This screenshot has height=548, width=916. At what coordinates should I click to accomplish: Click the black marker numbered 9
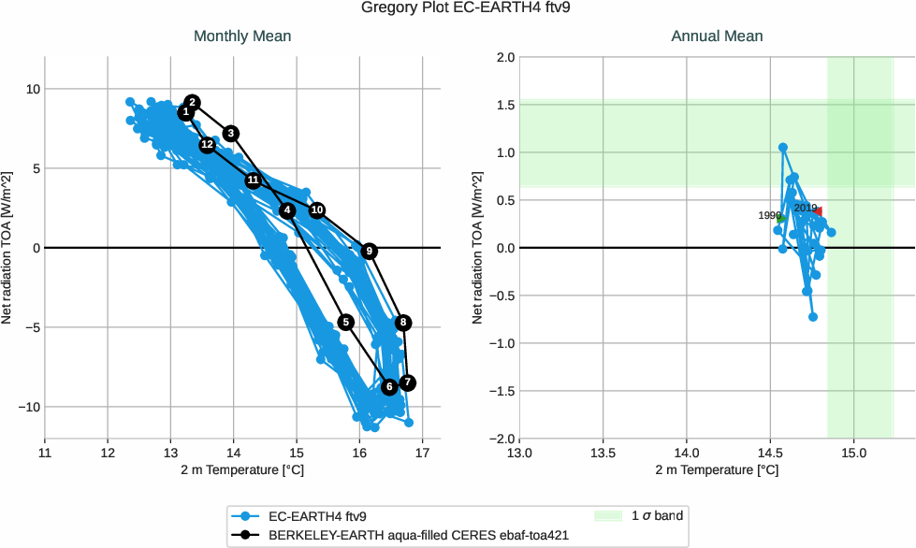[x=370, y=252]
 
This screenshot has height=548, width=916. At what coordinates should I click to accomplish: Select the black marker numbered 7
[x=407, y=383]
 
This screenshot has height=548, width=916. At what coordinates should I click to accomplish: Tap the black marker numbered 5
[x=345, y=323]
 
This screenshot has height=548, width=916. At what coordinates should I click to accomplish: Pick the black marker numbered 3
[x=231, y=134]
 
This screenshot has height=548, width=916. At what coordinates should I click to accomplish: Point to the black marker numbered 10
[x=317, y=210]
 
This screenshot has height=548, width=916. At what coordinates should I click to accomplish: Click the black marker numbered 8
[x=403, y=323]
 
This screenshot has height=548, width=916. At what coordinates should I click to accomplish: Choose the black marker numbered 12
[x=207, y=145]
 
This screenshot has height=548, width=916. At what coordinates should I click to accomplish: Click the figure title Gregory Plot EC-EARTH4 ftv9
[x=458, y=8]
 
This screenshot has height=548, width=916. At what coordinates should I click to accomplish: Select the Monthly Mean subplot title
[x=242, y=36]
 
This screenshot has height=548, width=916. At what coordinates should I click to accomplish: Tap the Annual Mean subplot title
[x=717, y=36]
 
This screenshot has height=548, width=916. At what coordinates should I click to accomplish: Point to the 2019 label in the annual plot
[x=806, y=209]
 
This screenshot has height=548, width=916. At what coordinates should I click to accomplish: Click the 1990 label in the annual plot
[x=769, y=216]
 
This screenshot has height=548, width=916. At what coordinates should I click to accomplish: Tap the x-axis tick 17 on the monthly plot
[x=422, y=454]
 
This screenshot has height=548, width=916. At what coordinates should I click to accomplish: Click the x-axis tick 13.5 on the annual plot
[x=603, y=454]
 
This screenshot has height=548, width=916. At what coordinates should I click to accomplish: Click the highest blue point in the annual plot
[x=783, y=148]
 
